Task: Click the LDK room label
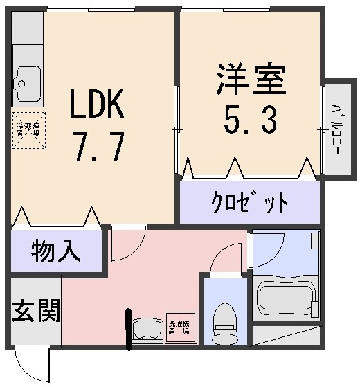coord(96,107)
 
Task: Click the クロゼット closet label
coord(250,204)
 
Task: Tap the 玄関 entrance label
coord(35,311)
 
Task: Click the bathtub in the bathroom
coord(285,298)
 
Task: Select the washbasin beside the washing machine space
coord(145,330)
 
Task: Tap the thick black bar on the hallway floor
coord(128,328)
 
